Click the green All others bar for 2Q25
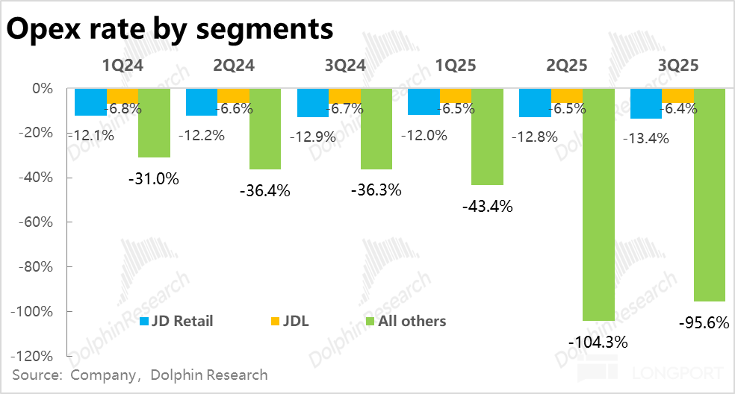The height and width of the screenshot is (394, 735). [598, 204]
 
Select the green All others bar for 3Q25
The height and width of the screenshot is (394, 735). [710, 194]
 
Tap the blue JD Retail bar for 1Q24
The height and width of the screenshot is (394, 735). [91, 102]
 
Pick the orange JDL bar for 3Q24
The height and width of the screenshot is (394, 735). [344, 96]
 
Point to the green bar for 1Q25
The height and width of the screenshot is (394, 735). [487, 137]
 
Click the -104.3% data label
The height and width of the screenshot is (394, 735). [598, 343]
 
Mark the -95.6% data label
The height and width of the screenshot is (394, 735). [703, 325]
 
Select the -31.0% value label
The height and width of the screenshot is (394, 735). [153, 179]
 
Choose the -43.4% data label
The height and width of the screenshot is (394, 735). [487, 207]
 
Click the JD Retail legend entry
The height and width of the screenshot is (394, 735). [177, 322]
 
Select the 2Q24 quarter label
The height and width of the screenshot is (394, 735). [234, 66]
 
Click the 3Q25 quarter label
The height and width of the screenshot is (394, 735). [678, 66]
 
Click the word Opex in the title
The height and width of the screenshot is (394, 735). [46, 30]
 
